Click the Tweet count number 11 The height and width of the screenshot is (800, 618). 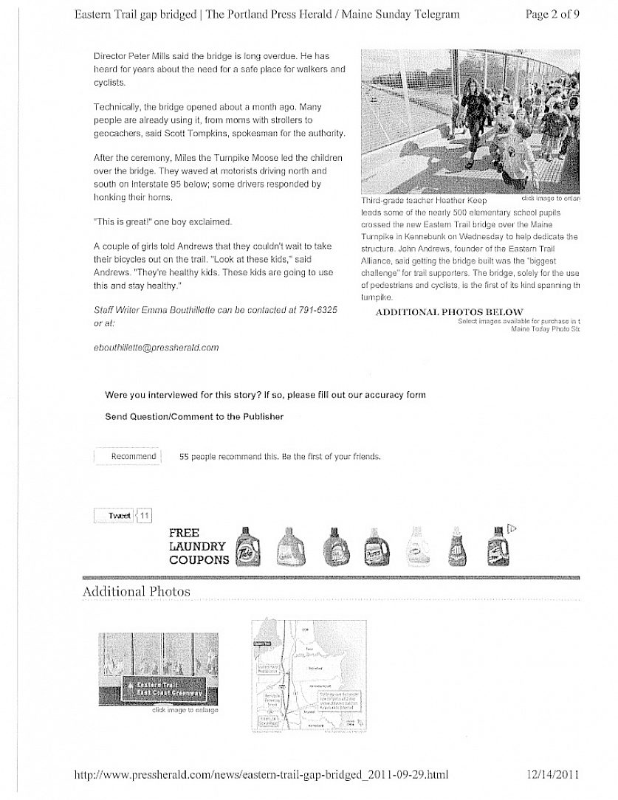pos(145,515)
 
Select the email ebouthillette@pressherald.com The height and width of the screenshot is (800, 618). pos(157,347)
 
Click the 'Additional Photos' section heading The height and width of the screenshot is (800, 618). pos(136,591)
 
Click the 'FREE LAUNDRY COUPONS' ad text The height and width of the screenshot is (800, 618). pos(197,546)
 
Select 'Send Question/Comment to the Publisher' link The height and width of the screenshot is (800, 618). pos(194,416)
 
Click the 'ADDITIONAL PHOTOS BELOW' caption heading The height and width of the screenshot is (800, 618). pos(449,312)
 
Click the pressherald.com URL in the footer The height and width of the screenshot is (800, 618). pos(262,774)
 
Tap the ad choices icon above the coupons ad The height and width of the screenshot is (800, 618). pos(510,528)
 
